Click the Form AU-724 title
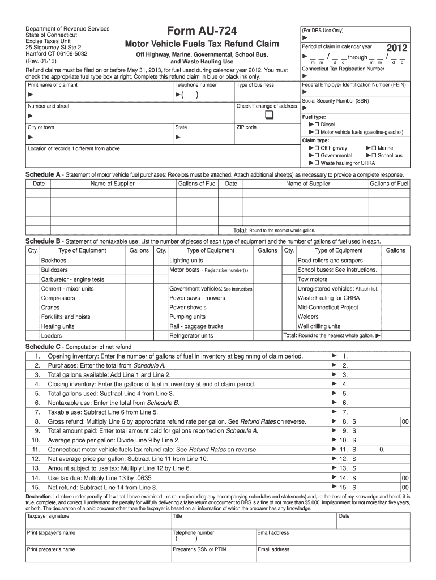pyautogui.click(x=202, y=31)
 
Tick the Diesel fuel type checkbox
pyautogui.click(x=317, y=124)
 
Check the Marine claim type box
pyautogui.click(x=374, y=148)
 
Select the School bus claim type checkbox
pyautogui.click(x=374, y=155)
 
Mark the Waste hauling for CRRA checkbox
pyautogui.click(x=317, y=163)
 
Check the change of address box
pyautogui.click(x=268, y=116)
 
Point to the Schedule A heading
pyautogui.click(x=43, y=174)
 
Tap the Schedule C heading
pyautogui.click(x=43, y=347)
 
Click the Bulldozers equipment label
pyautogui.click(x=54, y=270)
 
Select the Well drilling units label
pyautogui.click(x=319, y=326)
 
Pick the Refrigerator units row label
pyautogui.click(x=191, y=335)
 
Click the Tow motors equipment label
pyautogui.click(x=313, y=279)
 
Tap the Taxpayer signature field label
pyautogui.click(x=48, y=516)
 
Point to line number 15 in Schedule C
pyautogui.click(x=36, y=487)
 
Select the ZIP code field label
pyautogui.click(x=246, y=127)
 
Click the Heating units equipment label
pyautogui.click(x=58, y=326)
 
